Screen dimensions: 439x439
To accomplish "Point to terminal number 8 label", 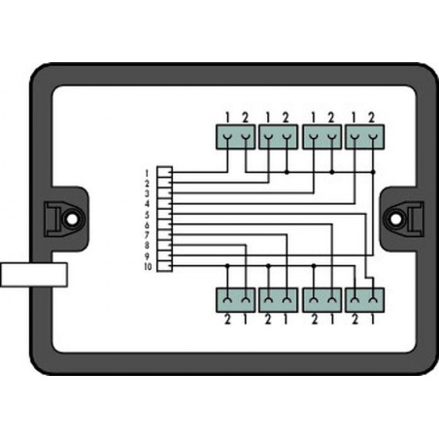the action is pyautogui.click(x=147, y=246).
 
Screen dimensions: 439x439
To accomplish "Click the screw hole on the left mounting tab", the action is pyautogui.click(x=73, y=219).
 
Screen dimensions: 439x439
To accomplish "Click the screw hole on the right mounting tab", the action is pyautogui.click(x=395, y=219).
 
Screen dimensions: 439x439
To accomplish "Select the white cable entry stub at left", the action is pyautogui.click(x=34, y=275).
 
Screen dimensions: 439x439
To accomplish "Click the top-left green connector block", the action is pyautogui.click(x=236, y=137).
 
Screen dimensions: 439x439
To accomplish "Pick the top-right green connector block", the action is pyautogui.click(x=365, y=137).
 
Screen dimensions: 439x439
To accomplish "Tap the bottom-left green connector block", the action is pyautogui.click(x=236, y=300).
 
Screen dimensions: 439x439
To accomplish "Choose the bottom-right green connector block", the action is pyautogui.click(x=365, y=300).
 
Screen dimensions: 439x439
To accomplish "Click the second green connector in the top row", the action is pyautogui.click(x=279, y=137).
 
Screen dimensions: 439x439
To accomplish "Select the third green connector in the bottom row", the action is pyautogui.click(x=321, y=300).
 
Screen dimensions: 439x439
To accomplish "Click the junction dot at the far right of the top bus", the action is pyautogui.click(x=373, y=172).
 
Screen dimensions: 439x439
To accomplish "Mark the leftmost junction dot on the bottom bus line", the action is pyautogui.click(x=227, y=266).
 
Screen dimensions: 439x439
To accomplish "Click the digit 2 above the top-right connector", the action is pyautogui.click(x=371, y=118).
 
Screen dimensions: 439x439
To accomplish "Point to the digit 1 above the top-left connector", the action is pyautogui.click(x=227, y=118).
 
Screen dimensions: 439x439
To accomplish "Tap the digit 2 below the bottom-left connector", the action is pyautogui.click(x=227, y=320).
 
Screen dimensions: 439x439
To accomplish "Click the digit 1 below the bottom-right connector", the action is pyautogui.click(x=373, y=320).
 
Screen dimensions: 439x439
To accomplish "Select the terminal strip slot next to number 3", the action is pyautogui.click(x=164, y=193).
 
